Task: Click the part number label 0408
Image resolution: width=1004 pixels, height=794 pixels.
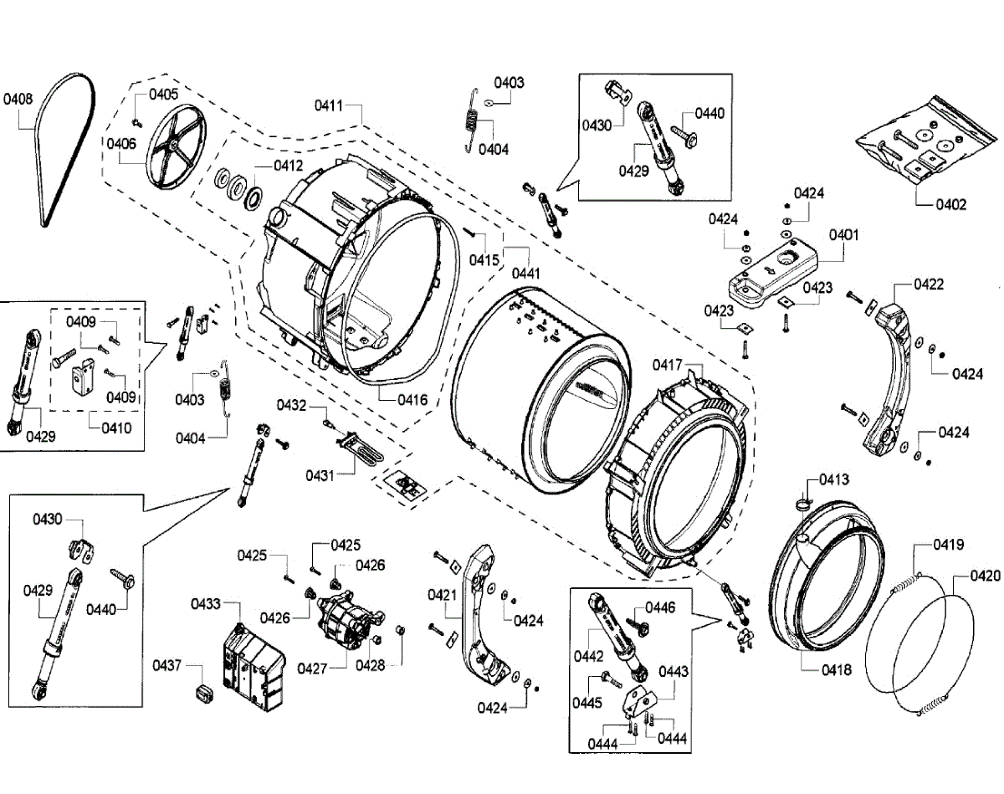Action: coord(18,99)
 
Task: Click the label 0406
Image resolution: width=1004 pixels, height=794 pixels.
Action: coord(120,144)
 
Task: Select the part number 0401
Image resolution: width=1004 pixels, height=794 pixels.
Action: coord(844,235)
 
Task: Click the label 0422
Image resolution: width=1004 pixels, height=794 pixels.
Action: coord(929,284)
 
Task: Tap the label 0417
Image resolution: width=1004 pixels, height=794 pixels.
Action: coord(668,365)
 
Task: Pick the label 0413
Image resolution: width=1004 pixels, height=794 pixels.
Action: coord(834,479)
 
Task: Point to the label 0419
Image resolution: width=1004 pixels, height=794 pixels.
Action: coord(949,545)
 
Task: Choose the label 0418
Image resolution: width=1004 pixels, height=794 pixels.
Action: coord(835,670)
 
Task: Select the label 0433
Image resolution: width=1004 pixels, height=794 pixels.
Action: coord(205,603)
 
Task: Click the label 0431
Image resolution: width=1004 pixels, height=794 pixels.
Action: coord(320,475)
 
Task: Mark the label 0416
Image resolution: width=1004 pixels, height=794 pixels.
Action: coord(412,400)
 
